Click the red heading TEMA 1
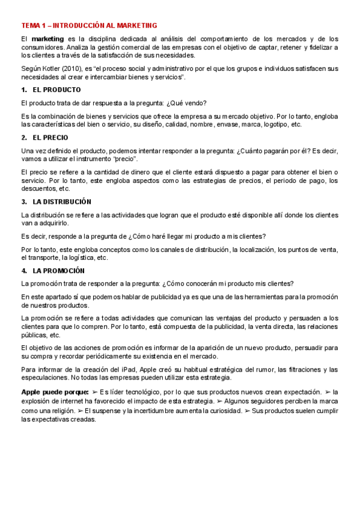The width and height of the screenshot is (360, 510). (x=89, y=25)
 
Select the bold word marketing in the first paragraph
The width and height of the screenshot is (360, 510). (x=47, y=39)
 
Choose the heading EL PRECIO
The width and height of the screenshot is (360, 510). (x=51, y=137)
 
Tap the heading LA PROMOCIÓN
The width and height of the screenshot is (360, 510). (x=58, y=271)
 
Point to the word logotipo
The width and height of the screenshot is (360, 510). (x=271, y=124)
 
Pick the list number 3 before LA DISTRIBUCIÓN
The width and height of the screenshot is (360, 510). (x=24, y=201)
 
